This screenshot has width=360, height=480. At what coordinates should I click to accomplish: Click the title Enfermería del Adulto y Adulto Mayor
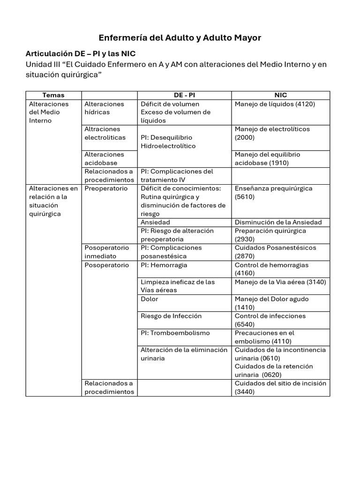pyautogui.click(x=180, y=37)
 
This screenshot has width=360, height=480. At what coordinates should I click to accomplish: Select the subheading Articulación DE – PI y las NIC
pyautogui.click(x=80, y=53)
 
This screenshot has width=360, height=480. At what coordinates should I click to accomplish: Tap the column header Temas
pyautogui.click(x=53, y=95)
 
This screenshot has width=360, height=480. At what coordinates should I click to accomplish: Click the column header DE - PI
pyautogui.click(x=184, y=95)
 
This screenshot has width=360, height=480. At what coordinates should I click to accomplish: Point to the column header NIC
pyautogui.click(x=280, y=95)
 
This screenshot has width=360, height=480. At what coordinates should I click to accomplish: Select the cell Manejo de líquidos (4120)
pyautogui.click(x=275, y=104)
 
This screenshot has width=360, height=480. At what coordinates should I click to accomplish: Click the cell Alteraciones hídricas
pyautogui.click(x=104, y=108)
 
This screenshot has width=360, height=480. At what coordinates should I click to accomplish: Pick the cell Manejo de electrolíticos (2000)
pyautogui.click(x=272, y=134)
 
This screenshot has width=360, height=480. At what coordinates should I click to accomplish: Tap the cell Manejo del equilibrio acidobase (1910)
pyautogui.click(x=267, y=159)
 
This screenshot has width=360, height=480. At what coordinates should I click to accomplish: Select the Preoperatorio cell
pyautogui.click(x=106, y=188)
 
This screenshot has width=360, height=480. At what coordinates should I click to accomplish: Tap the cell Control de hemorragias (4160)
pyautogui.click(x=271, y=269)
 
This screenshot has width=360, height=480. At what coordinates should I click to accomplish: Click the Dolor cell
pyautogui.click(x=150, y=299)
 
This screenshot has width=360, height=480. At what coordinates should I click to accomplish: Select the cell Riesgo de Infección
pyautogui.click(x=171, y=316)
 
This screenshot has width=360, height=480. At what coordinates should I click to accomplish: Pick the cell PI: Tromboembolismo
pyautogui.click(x=175, y=333)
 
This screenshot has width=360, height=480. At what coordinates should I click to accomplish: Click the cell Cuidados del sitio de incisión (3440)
pyautogui.click(x=280, y=388)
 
